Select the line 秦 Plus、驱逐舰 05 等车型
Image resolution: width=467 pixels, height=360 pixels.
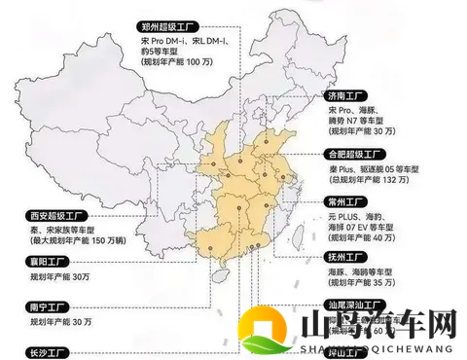375,167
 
